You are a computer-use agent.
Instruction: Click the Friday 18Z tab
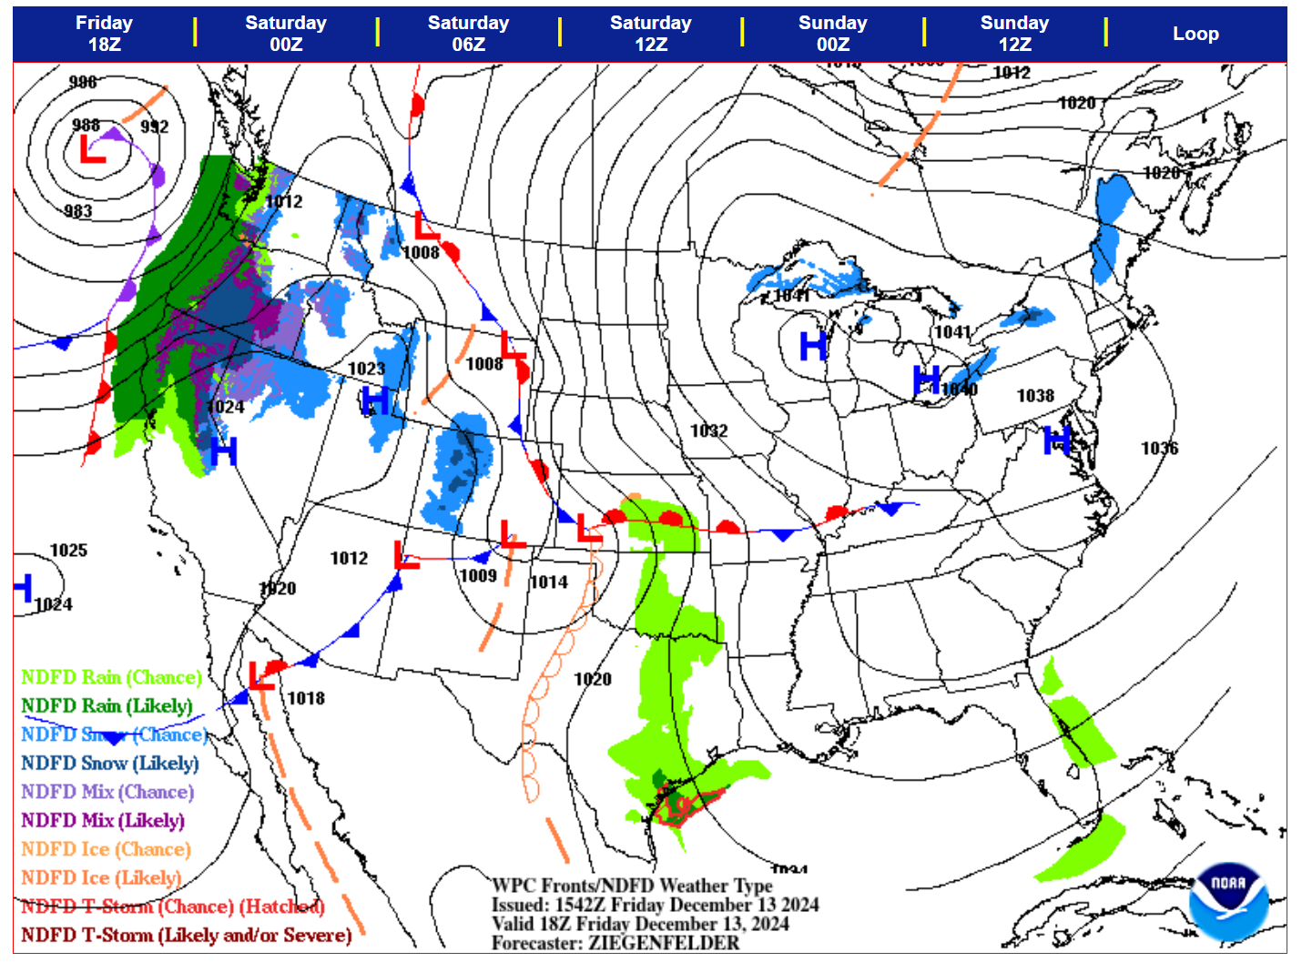point(104,34)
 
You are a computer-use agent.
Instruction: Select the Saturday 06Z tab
point(468,34)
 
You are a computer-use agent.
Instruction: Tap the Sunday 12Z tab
point(1014,34)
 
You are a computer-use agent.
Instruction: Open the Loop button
point(1195,34)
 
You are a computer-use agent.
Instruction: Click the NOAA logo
point(1228,901)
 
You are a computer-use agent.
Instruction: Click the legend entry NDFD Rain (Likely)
point(107,705)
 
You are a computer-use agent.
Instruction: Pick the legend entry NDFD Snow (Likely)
point(109,763)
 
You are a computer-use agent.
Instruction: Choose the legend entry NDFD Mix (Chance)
point(107,792)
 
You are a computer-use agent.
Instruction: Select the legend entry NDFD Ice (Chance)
point(106,849)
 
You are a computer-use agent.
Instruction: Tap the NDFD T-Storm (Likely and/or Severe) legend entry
point(186,935)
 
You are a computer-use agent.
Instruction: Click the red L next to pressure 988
point(92,149)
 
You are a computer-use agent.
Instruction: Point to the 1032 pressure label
point(708,430)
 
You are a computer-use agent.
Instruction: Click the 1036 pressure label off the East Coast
point(1159,448)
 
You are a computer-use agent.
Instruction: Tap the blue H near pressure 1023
point(375,400)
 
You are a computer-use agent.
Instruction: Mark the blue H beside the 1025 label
point(22,587)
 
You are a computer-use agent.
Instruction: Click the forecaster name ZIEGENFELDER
point(664,943)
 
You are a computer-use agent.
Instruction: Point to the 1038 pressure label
point(1035,396)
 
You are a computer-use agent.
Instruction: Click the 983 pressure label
point(78,211)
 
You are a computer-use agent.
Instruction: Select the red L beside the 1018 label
point(261,677)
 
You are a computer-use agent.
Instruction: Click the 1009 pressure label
point(478,575)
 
